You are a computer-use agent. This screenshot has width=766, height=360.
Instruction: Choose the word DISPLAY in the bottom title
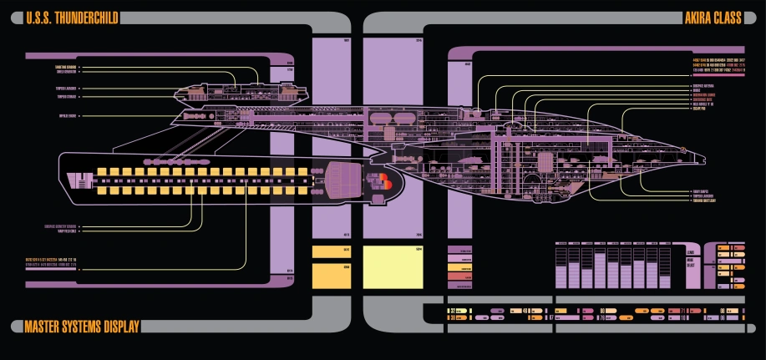117,327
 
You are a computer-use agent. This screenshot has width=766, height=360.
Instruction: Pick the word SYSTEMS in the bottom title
81,327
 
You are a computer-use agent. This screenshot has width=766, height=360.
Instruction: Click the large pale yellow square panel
394,267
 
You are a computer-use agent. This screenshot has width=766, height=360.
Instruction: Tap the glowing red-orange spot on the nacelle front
385,178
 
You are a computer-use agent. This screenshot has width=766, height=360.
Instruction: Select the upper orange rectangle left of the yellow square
331,251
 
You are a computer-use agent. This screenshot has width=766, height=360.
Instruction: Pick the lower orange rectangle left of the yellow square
331,275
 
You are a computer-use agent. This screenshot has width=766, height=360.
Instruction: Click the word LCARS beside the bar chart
690,251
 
